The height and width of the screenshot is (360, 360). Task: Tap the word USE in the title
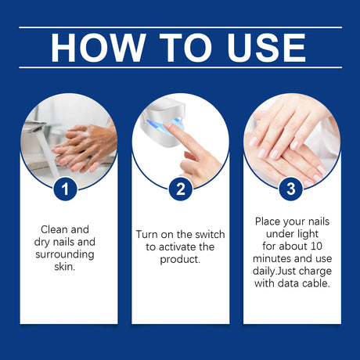(266, 48)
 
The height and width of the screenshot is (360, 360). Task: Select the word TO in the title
(185, 48)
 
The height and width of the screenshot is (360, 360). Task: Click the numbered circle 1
(65, 189)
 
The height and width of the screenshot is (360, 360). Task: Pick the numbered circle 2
(181, 189)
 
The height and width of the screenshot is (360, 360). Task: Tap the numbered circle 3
(290, 189)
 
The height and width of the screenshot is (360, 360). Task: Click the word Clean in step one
(54, 229)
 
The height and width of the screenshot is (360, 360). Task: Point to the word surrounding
(65, 255)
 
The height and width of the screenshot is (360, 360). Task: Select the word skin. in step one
(65, 267)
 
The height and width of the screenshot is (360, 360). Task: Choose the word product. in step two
(180, 260)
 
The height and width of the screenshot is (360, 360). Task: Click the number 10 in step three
(316, 246)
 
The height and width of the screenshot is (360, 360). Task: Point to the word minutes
(272, 258)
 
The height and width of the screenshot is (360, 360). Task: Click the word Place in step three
(268, 221)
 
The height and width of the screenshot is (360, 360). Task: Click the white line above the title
(180, 27)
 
